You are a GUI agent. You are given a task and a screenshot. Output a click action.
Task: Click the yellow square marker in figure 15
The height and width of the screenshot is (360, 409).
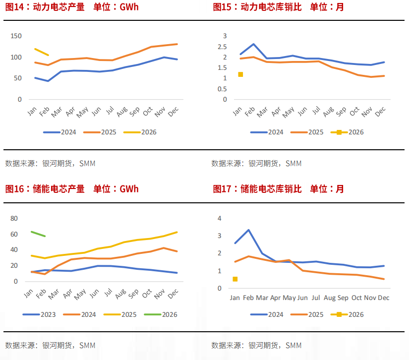pos(240,74)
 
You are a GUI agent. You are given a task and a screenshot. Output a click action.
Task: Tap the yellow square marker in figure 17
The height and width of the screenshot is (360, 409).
pos(235,279)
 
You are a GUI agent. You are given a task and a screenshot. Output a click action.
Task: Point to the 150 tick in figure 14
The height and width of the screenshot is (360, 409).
pos(16,36)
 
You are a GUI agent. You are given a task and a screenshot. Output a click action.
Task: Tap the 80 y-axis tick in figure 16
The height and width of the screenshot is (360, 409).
pos(14,219)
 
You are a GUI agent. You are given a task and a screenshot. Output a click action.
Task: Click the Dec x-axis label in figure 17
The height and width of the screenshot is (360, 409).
pos(383,298)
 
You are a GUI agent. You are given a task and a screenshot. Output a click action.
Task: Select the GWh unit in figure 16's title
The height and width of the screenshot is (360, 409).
pos(129,189)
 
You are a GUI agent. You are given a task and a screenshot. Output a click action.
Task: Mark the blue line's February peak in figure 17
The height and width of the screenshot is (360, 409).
pos(248,230)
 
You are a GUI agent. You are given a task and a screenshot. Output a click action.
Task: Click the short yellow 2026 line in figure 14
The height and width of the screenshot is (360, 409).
pos(41,52)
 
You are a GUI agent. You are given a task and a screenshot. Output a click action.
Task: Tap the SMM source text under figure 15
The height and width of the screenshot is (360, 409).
pos(293,163)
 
